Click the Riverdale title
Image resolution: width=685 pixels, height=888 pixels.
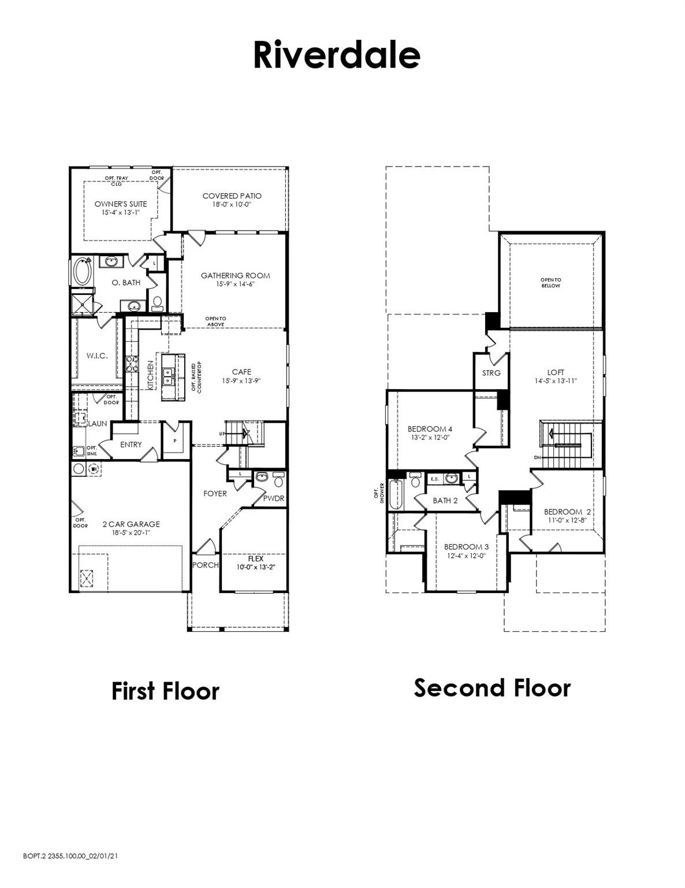click(x=336, y=55)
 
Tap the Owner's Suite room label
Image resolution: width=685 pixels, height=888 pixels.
click(x=121, y=204)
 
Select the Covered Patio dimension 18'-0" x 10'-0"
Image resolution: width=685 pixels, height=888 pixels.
click(x=231, y=205)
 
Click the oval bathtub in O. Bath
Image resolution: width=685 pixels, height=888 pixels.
click(x=82, y=272)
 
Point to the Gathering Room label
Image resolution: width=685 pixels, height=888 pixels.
click(x=235, y=276)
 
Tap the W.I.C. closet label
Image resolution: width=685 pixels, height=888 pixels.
click(x=97, y=356)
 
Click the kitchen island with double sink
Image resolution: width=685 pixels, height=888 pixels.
click(x=169, y=376)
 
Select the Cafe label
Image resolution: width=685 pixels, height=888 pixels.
click(x=241, y=372)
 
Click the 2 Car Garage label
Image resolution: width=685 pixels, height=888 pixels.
click(x=131, y=524)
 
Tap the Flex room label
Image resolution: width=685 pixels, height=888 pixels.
click(x=255, y=559)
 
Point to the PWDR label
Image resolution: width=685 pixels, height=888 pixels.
click(x=274, y=498)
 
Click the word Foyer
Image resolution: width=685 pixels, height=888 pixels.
click(x=215, y=494)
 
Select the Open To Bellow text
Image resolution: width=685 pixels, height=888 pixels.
click(x=550, y=283)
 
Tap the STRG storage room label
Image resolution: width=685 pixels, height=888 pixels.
click(x=492, y=373)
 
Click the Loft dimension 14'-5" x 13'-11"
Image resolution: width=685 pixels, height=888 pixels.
click(x=556, y=381)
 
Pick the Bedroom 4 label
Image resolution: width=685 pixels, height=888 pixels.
click(x=430, y=429)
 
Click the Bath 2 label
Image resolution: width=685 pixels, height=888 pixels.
click(x=445, y=501)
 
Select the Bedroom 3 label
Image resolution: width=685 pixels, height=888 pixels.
click(x=466, y=547)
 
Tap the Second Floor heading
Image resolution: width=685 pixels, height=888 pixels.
click(x=492, y=688)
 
